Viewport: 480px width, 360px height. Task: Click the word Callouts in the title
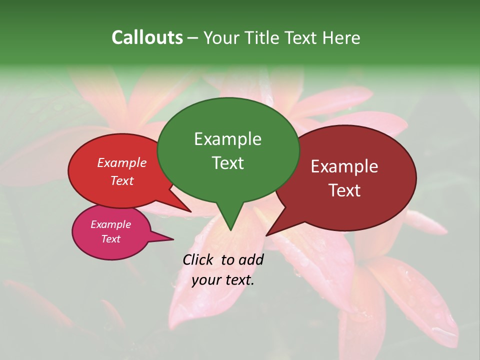tap(147, 37)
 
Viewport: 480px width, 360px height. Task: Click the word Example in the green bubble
tap(227, 139)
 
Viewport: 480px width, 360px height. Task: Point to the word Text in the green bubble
tap(227, 163)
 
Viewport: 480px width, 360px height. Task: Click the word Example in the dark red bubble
tap(344, 166)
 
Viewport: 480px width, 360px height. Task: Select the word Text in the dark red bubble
tap(344, 190)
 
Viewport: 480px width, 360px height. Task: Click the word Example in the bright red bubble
tap(121, 163)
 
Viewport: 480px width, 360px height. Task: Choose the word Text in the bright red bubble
tap(121, 181)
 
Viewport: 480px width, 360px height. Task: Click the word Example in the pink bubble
tap(110, 224)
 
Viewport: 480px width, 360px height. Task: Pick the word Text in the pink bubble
tap(110, 239)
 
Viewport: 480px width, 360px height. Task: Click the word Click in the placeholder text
tap(198, 259)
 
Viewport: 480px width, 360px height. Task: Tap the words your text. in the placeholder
tap(222, 280)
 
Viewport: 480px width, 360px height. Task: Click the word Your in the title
tap(221, 37)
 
